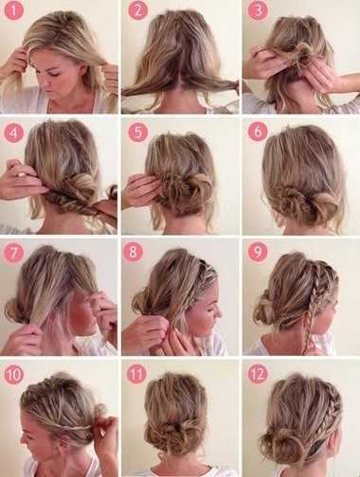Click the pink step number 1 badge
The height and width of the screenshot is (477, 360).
point(14,10)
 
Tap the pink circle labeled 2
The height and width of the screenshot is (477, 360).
point(137,10)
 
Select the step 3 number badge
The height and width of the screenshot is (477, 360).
point(258,10)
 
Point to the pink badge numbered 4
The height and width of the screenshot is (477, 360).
point(14,132)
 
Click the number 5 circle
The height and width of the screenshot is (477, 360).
point(138,132)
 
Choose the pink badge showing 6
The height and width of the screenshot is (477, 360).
point(258,131)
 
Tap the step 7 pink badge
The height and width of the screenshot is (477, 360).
point(13,253)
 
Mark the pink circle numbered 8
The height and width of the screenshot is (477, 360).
point(133,253)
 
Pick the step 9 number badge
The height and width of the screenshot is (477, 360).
point(258,253)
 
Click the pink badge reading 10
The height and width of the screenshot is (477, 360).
point(14,375)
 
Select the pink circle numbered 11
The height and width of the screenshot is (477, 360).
point(136,375)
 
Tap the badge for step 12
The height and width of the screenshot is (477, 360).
point(258,375)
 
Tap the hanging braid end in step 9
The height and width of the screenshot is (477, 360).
point(306,339)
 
